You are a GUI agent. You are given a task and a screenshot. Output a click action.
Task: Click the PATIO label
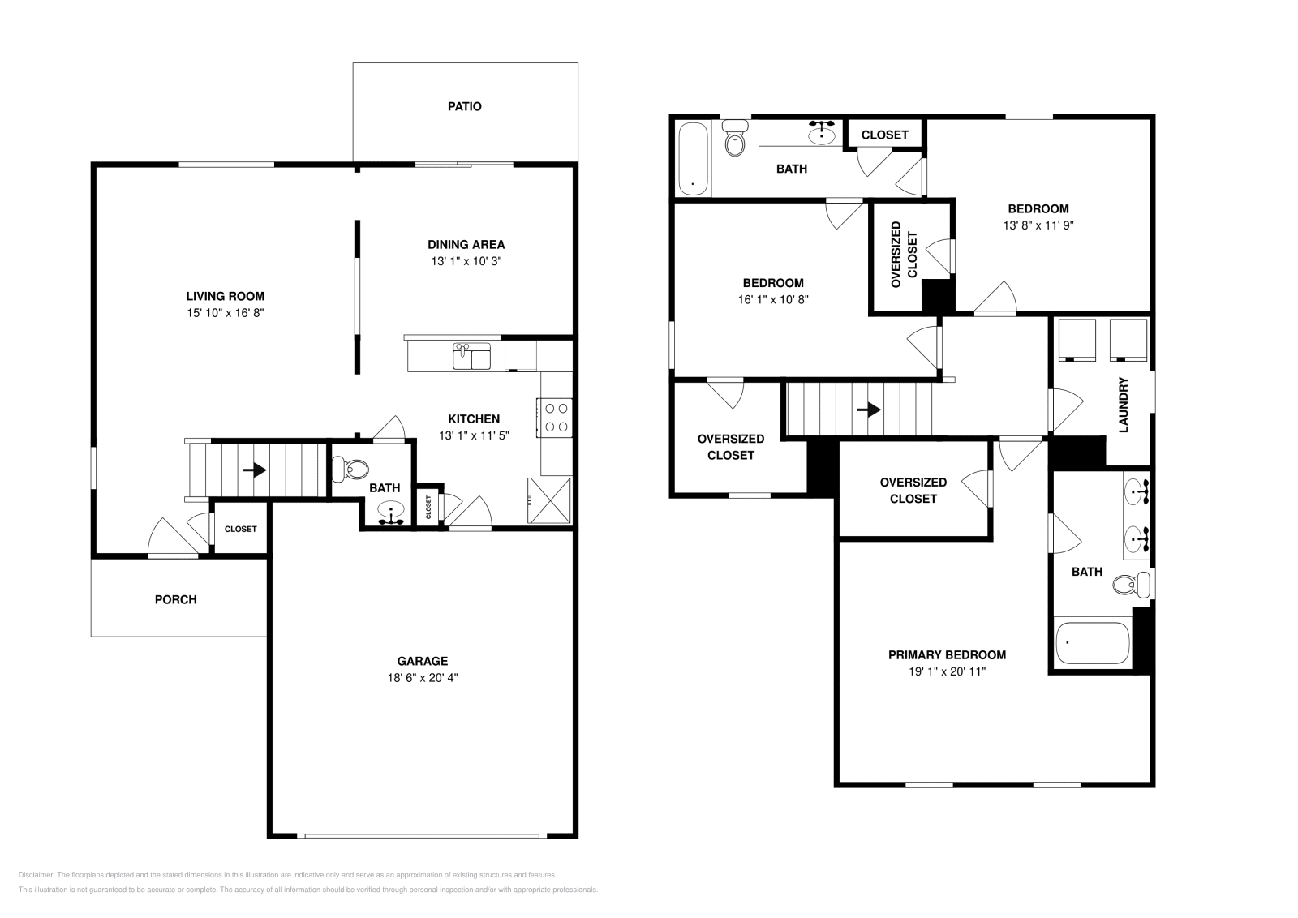click(464, 106)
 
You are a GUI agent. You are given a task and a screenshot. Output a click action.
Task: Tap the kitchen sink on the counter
click(471, 356)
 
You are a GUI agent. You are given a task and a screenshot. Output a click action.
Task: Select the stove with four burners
click(556, 418)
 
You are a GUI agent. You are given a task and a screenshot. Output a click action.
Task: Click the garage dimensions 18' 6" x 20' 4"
click(422, 678)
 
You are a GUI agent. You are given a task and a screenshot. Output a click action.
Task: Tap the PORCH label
click(175, 599)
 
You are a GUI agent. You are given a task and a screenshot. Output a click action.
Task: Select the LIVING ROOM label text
click(225, 296)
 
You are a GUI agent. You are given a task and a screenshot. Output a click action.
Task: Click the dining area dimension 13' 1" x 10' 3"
click(466, 261)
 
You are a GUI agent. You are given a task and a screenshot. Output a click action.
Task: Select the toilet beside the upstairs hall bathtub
click(735, 139)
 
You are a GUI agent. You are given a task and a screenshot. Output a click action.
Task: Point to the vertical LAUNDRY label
click(1124, 405)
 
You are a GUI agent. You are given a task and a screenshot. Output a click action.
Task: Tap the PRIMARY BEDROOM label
click(947, 654)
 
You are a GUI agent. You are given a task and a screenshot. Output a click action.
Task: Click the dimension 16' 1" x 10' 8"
click(773, 299)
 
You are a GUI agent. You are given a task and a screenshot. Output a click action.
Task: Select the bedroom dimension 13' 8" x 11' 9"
click(1038, 225)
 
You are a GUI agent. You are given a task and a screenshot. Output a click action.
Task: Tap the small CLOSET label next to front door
click(240, 529)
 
